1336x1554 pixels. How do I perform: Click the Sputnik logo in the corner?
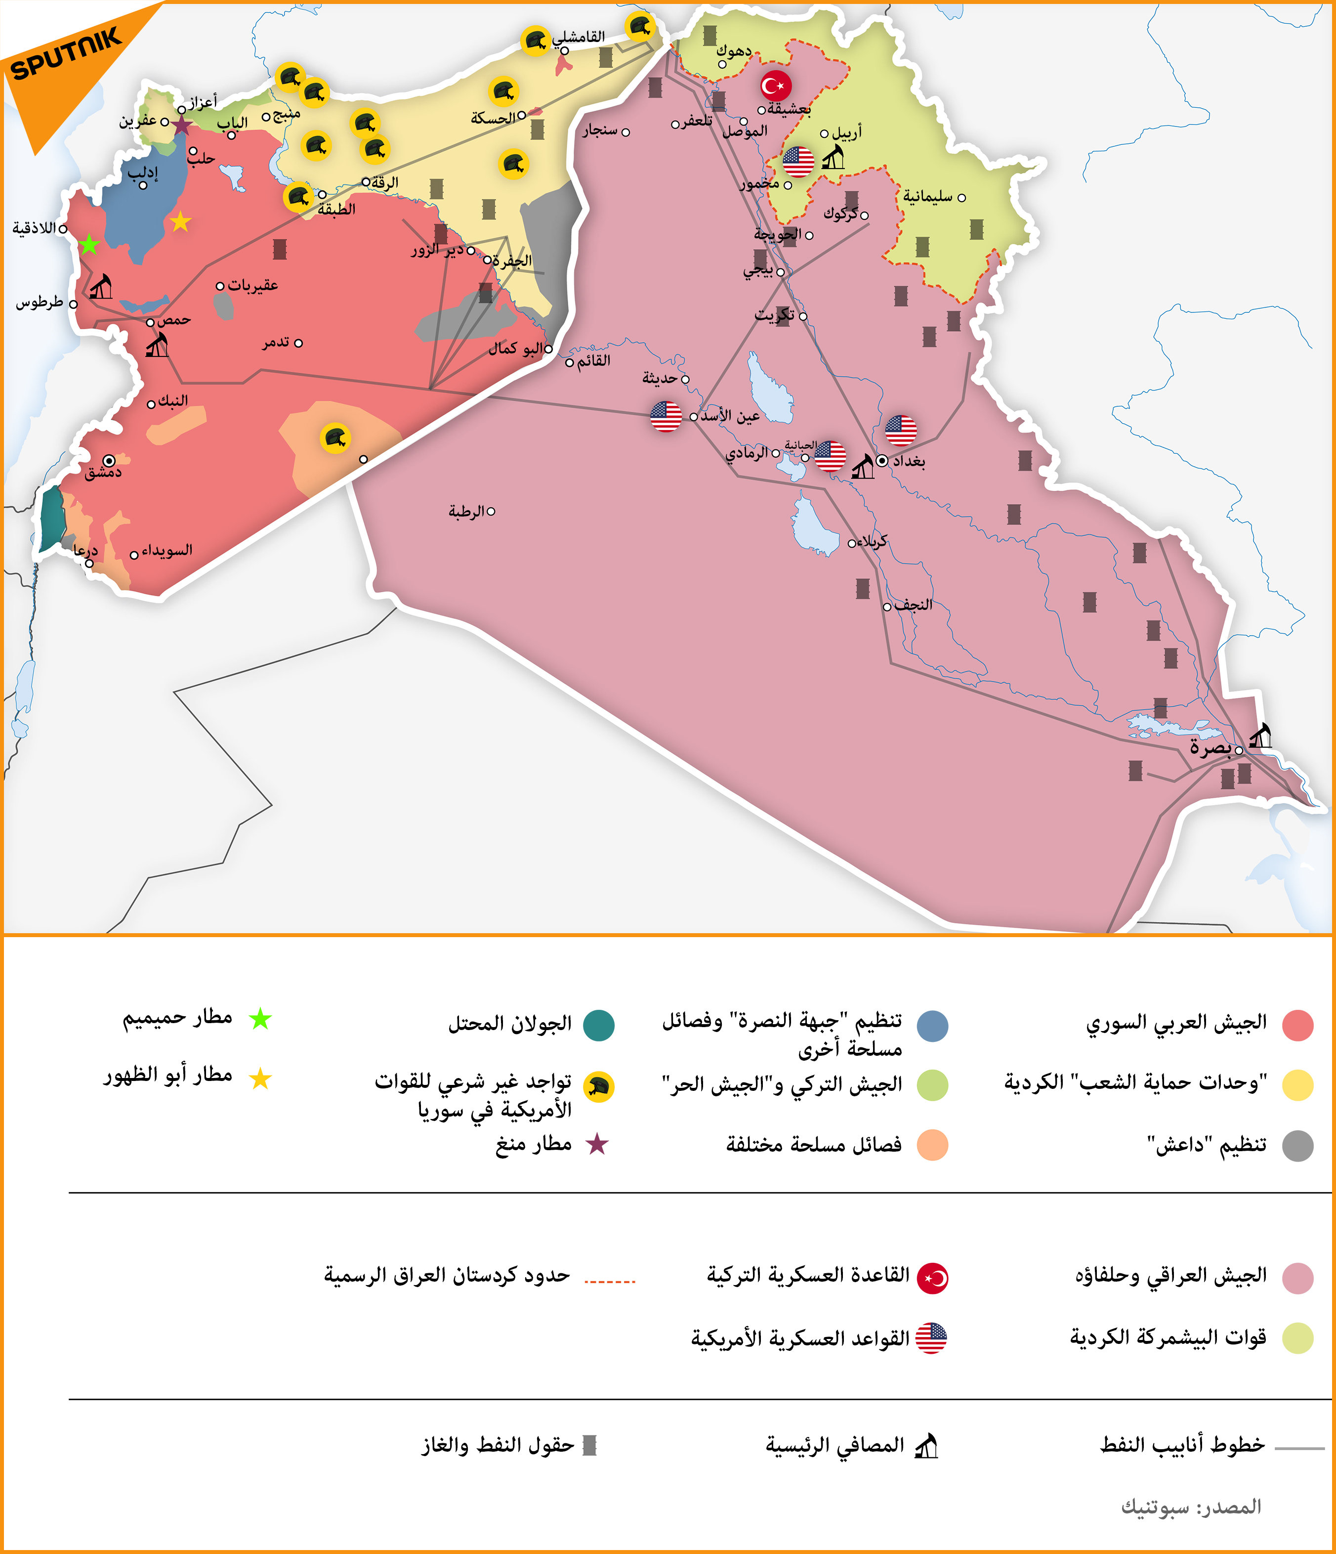[x=66, y=54]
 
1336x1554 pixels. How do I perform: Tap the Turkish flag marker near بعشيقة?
[x=776, y=86]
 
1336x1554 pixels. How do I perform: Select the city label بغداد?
[x=908, y=461]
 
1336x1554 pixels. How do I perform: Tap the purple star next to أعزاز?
[x=181, y=125]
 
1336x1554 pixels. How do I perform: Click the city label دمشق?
[x=103, y=473]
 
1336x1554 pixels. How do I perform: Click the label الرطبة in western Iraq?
[x=466, y=512]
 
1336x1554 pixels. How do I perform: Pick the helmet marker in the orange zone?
[x=334, y=438]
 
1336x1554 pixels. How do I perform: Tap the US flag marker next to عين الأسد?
[x=666, y=416]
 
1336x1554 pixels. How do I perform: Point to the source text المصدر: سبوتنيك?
[x=1191, y=1507]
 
